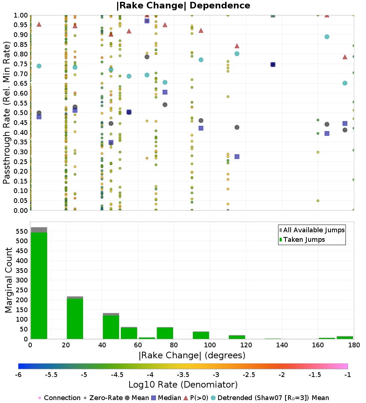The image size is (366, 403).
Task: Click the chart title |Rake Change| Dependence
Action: coord(183,5)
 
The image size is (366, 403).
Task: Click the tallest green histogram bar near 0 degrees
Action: coord(39,286)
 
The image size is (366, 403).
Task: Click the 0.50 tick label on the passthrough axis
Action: coord(21,113)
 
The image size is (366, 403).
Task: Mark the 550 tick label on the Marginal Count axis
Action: coord(21,232)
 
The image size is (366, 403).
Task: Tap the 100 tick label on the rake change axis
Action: coord(210,345)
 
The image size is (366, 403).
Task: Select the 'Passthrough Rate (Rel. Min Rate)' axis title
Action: coord(7,113)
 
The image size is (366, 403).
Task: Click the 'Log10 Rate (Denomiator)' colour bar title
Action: coord(183,385)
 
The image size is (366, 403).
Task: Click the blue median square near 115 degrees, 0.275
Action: coord(237,156)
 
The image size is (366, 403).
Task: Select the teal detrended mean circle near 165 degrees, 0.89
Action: coord(327,37)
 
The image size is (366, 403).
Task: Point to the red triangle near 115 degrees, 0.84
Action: coord(237,46)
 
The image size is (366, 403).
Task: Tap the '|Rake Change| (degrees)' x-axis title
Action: coord(192,355)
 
